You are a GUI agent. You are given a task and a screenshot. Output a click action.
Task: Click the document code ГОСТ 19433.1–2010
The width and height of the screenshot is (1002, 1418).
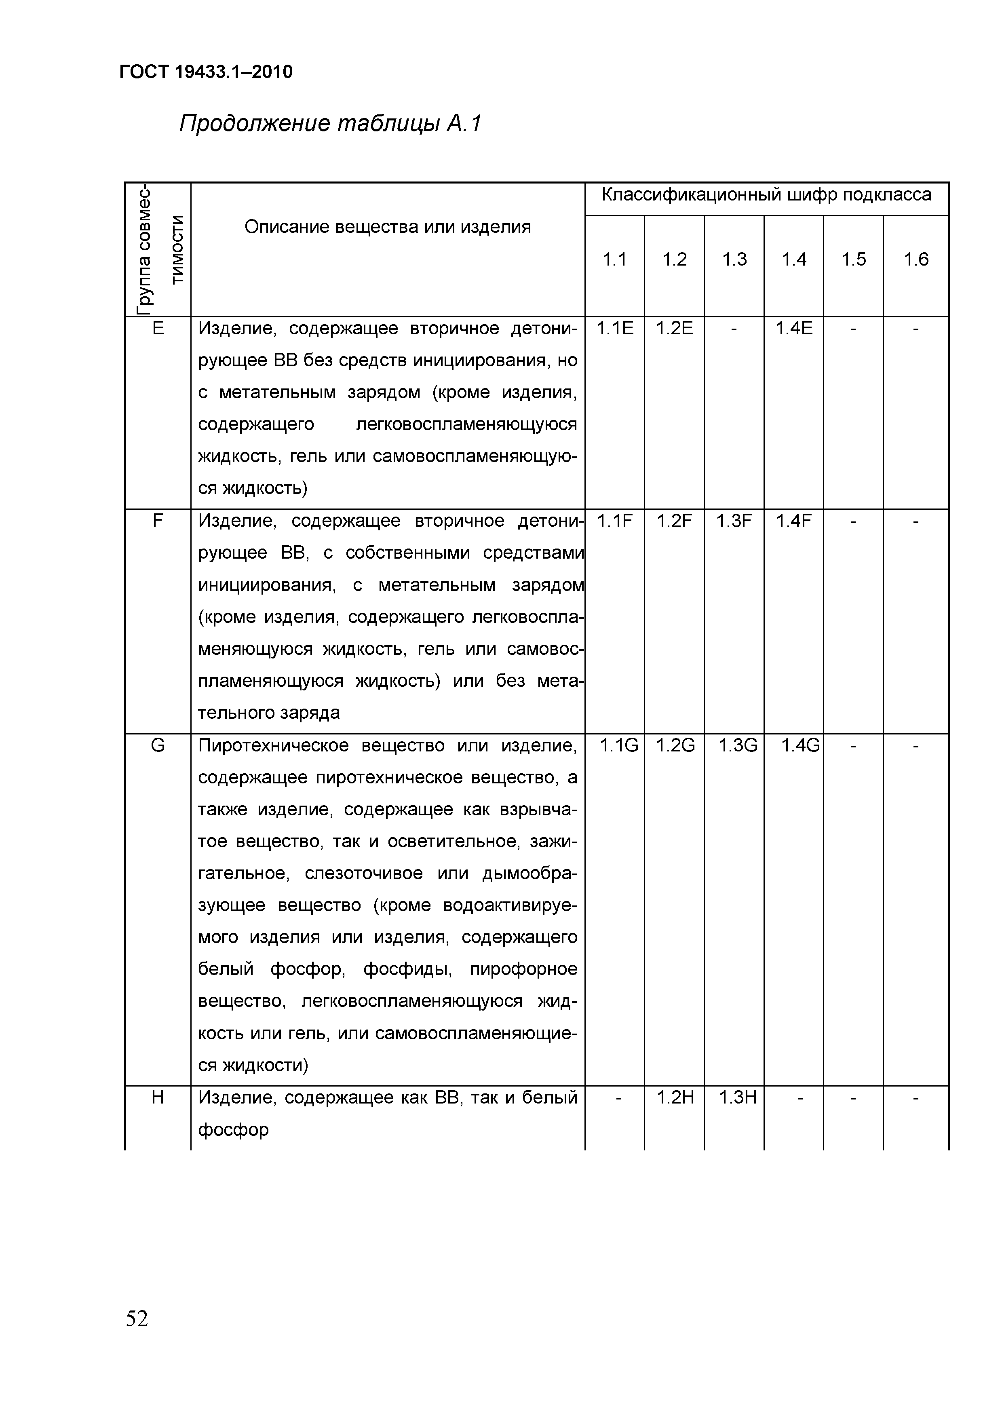(206, 72)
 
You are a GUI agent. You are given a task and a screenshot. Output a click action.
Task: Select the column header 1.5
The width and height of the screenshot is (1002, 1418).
(853, 260)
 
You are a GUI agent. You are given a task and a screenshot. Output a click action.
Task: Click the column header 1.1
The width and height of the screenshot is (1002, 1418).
(614, 260)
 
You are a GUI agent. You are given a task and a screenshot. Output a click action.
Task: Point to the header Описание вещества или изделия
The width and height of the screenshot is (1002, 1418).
(387, 227)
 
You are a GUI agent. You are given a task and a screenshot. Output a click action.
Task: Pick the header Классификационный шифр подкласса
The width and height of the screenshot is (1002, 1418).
(766, 195)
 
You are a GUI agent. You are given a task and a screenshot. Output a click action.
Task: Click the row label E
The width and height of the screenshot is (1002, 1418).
(158, 329)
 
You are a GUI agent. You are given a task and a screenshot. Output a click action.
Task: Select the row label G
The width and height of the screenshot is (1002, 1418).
(158, 746)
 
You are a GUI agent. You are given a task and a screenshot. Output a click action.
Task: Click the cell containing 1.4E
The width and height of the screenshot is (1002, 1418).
(794, 329)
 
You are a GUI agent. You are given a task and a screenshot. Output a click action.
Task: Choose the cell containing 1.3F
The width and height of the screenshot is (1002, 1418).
(734, 521)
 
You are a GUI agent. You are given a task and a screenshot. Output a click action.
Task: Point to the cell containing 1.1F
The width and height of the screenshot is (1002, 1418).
(615, 521)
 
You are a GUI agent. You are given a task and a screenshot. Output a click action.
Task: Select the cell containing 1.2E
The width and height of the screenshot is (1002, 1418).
(674, 329)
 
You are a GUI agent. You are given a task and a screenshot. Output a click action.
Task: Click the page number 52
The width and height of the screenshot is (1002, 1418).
(137, 1319)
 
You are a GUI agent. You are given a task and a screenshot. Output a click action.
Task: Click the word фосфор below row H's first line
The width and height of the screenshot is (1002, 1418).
(233, 1129)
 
